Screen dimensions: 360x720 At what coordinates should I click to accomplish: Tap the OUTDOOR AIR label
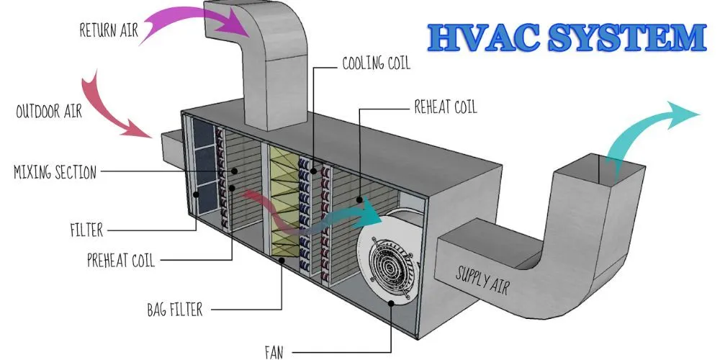pyautogui.click(x=49, y=112)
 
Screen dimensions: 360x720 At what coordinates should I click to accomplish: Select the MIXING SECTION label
pyautogui.click(x=55, y=172)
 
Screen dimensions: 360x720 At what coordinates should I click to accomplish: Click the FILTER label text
pyautogui.click(x=86, y=231)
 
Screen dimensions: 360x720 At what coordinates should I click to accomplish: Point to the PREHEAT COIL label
pyautogui.click(x=120, y=259)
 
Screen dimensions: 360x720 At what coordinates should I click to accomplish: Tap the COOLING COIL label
pyautogui.click(x=375, y=64)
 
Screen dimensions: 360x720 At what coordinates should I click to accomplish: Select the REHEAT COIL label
pyautogui.click(x=445, y=108)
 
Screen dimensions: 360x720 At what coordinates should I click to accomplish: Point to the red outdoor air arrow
pyautogui.click(x=115, y=108)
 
